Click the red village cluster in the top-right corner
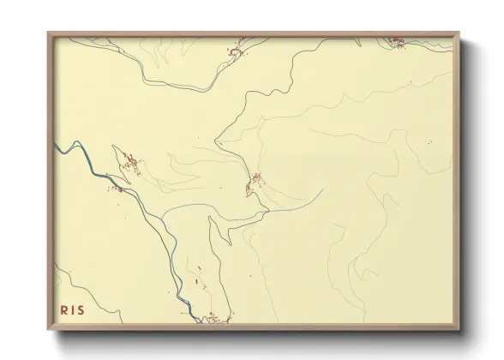point(396,41)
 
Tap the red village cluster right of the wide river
point(130,163)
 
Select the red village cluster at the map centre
point(255,180)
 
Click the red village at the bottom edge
point(211,319)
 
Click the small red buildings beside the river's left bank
point(112,188)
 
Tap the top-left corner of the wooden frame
point(49,33)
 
